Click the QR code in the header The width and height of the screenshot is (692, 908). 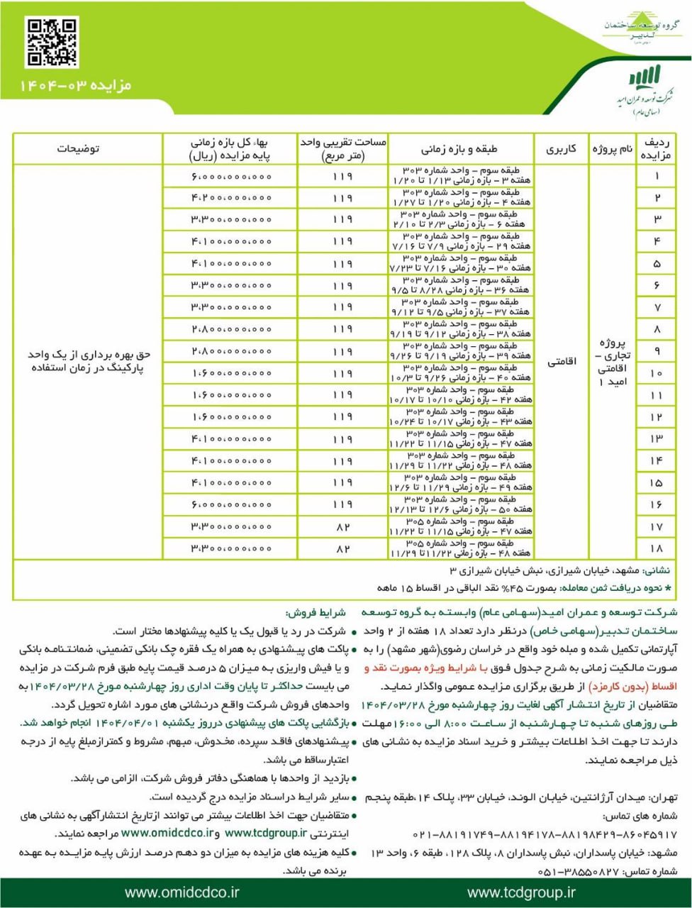(52, 43)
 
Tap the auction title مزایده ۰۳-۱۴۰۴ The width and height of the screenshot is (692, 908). (75, 86)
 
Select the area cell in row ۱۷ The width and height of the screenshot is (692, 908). (342, 527)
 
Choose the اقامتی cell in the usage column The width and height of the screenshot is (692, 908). (561, 362)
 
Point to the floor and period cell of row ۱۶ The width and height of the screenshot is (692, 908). (461, 504)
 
